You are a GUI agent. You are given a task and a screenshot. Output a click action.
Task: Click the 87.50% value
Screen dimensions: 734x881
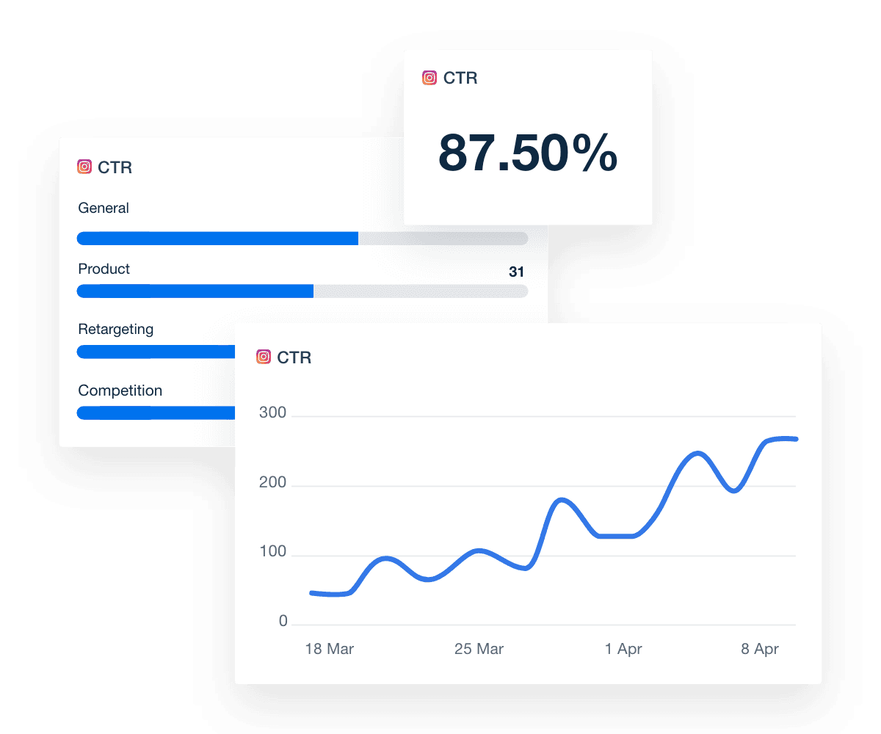point(528,153)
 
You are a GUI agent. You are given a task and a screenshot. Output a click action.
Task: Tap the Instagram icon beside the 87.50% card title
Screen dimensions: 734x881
point(429,78)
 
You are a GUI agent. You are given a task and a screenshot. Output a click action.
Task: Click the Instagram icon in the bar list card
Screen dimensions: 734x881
point(84,167)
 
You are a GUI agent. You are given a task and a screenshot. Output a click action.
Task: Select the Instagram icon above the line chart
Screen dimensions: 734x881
point(264,357)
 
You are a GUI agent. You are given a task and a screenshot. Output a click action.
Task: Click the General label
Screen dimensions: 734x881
point(104,208)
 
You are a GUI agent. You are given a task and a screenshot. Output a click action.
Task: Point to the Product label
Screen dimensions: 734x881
point(104,269)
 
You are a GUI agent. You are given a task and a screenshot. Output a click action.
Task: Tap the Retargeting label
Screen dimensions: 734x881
point(116,330)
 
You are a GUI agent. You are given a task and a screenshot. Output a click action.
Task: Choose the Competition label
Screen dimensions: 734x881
point(120,390)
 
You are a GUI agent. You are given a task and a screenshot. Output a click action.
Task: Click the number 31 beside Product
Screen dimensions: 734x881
point(517,272)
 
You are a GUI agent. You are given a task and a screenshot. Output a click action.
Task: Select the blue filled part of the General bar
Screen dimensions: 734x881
point(217,239)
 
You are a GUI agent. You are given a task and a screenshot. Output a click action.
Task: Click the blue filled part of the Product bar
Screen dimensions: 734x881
point(195,291)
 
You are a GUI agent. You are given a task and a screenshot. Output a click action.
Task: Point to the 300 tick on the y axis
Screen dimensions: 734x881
point(273,413)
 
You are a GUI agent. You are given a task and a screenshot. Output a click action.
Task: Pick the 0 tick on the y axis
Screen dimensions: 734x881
point(283,622)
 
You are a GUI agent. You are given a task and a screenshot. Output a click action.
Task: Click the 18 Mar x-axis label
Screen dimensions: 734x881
point(330,650)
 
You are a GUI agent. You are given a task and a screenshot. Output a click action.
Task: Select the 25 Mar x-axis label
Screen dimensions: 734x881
point(479,650)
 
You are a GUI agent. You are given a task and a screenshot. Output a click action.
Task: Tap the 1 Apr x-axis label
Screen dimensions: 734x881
point(624,650)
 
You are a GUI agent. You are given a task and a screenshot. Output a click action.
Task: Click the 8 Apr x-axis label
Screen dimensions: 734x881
point(760,650)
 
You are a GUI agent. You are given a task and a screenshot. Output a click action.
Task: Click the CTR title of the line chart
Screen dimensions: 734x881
point(294,357)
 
